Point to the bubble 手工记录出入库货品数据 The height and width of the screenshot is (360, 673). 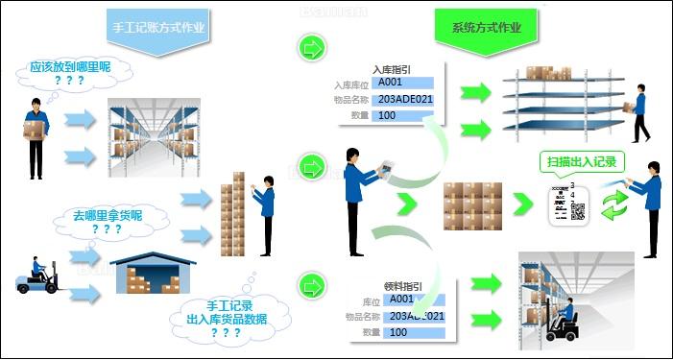click(x=223, y=319)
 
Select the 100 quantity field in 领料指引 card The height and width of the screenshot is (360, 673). click(x=412, y=331)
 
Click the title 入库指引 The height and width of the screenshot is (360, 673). click(x=395, y=69)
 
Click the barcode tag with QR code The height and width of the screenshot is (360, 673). click(x=566, y=204)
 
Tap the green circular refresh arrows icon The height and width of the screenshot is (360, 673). click(x=614, y=204)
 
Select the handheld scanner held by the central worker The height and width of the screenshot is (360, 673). click(x=388, y=171)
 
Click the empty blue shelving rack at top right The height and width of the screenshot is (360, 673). click(x=564, y=101)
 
